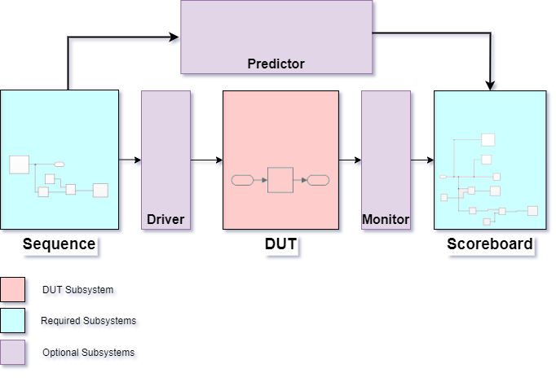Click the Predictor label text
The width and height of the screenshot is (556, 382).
pyautogui.click(x=276, y=64)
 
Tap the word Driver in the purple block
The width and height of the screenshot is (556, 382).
pyautogui.click(x=165, y=219)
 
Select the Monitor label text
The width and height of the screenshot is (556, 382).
pyautogui.click(x=386, y=219)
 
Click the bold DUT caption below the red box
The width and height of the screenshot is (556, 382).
pyautogui.click(x=280, y=244)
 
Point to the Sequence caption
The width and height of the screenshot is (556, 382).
pyautogui.click(x=59, y=244)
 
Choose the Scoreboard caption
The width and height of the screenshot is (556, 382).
pyautogui.click(x=489, y=244)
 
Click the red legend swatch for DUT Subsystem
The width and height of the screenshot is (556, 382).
pyautogui.click(x=13, y=289)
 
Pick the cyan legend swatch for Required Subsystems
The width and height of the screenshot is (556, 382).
pyautogui.click(x=13, y=320)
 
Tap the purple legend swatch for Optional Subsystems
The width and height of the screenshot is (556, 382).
pyautogui.click(x=13, y=352)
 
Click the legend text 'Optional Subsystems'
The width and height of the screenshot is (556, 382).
pyautogui.click(x=88, y=353)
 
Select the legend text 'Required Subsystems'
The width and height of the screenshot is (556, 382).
pyautogui.click(x=88, y=321)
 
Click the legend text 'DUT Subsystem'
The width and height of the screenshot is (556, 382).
pyautogui.click(x=77, y=289)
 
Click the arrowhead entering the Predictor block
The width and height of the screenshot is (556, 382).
pyautogui.click(x=174, y=37)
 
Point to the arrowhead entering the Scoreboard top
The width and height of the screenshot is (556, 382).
pyautogui.click(x=490, y=85)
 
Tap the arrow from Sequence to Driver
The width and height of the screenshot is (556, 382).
pyautogui.click(x=130, y=160)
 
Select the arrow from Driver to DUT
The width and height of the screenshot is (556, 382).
pyautogui.click(x=206, y=160)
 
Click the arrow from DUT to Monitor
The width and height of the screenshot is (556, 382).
pyautogui.click(x=350, y=160)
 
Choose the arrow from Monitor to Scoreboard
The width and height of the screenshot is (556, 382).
pyautogui.click(x=422, y=160)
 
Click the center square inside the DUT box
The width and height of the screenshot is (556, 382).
pyautogui.click(x=280, y=179)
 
